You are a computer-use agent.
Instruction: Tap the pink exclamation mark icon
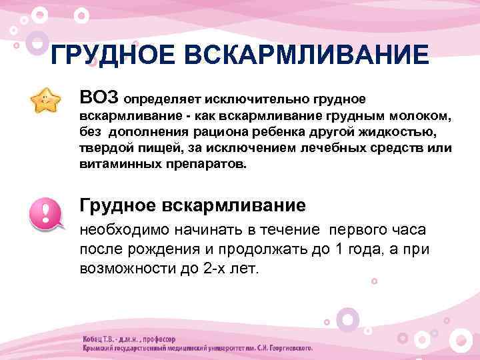(45, 211)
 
